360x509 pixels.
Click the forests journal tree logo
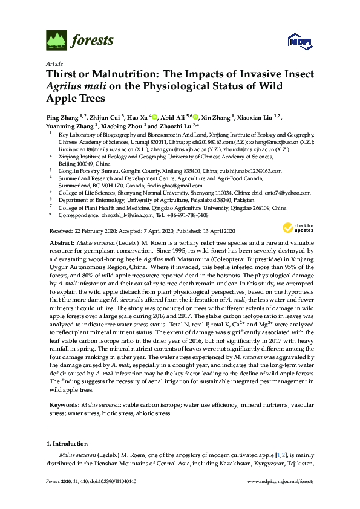(56, 41)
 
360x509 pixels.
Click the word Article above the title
(54, 63)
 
